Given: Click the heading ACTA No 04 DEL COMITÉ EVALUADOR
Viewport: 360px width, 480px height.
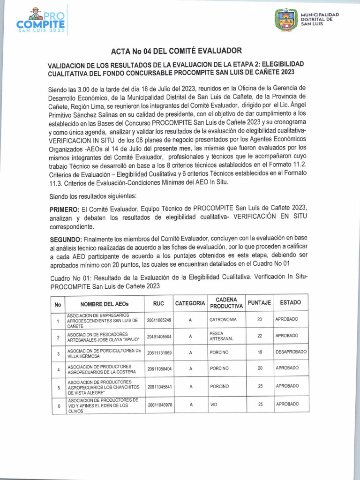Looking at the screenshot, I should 176,51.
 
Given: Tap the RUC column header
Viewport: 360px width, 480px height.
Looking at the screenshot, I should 158,303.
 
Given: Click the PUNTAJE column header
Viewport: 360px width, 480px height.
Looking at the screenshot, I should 259,303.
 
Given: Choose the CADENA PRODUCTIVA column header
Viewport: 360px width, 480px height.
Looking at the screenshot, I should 226,303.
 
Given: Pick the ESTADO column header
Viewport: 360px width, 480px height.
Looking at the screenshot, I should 290,303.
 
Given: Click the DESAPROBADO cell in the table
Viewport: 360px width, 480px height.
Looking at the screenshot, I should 291,352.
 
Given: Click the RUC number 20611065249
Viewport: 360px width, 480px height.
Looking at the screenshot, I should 159,320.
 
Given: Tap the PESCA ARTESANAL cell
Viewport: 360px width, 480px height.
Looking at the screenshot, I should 222,336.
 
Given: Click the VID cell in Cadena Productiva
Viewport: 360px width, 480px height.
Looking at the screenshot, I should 214,404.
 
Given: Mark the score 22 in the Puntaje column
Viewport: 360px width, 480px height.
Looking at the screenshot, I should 260,336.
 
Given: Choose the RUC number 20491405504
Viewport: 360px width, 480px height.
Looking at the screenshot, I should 159,337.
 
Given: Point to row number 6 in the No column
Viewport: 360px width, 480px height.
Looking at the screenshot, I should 59,406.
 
